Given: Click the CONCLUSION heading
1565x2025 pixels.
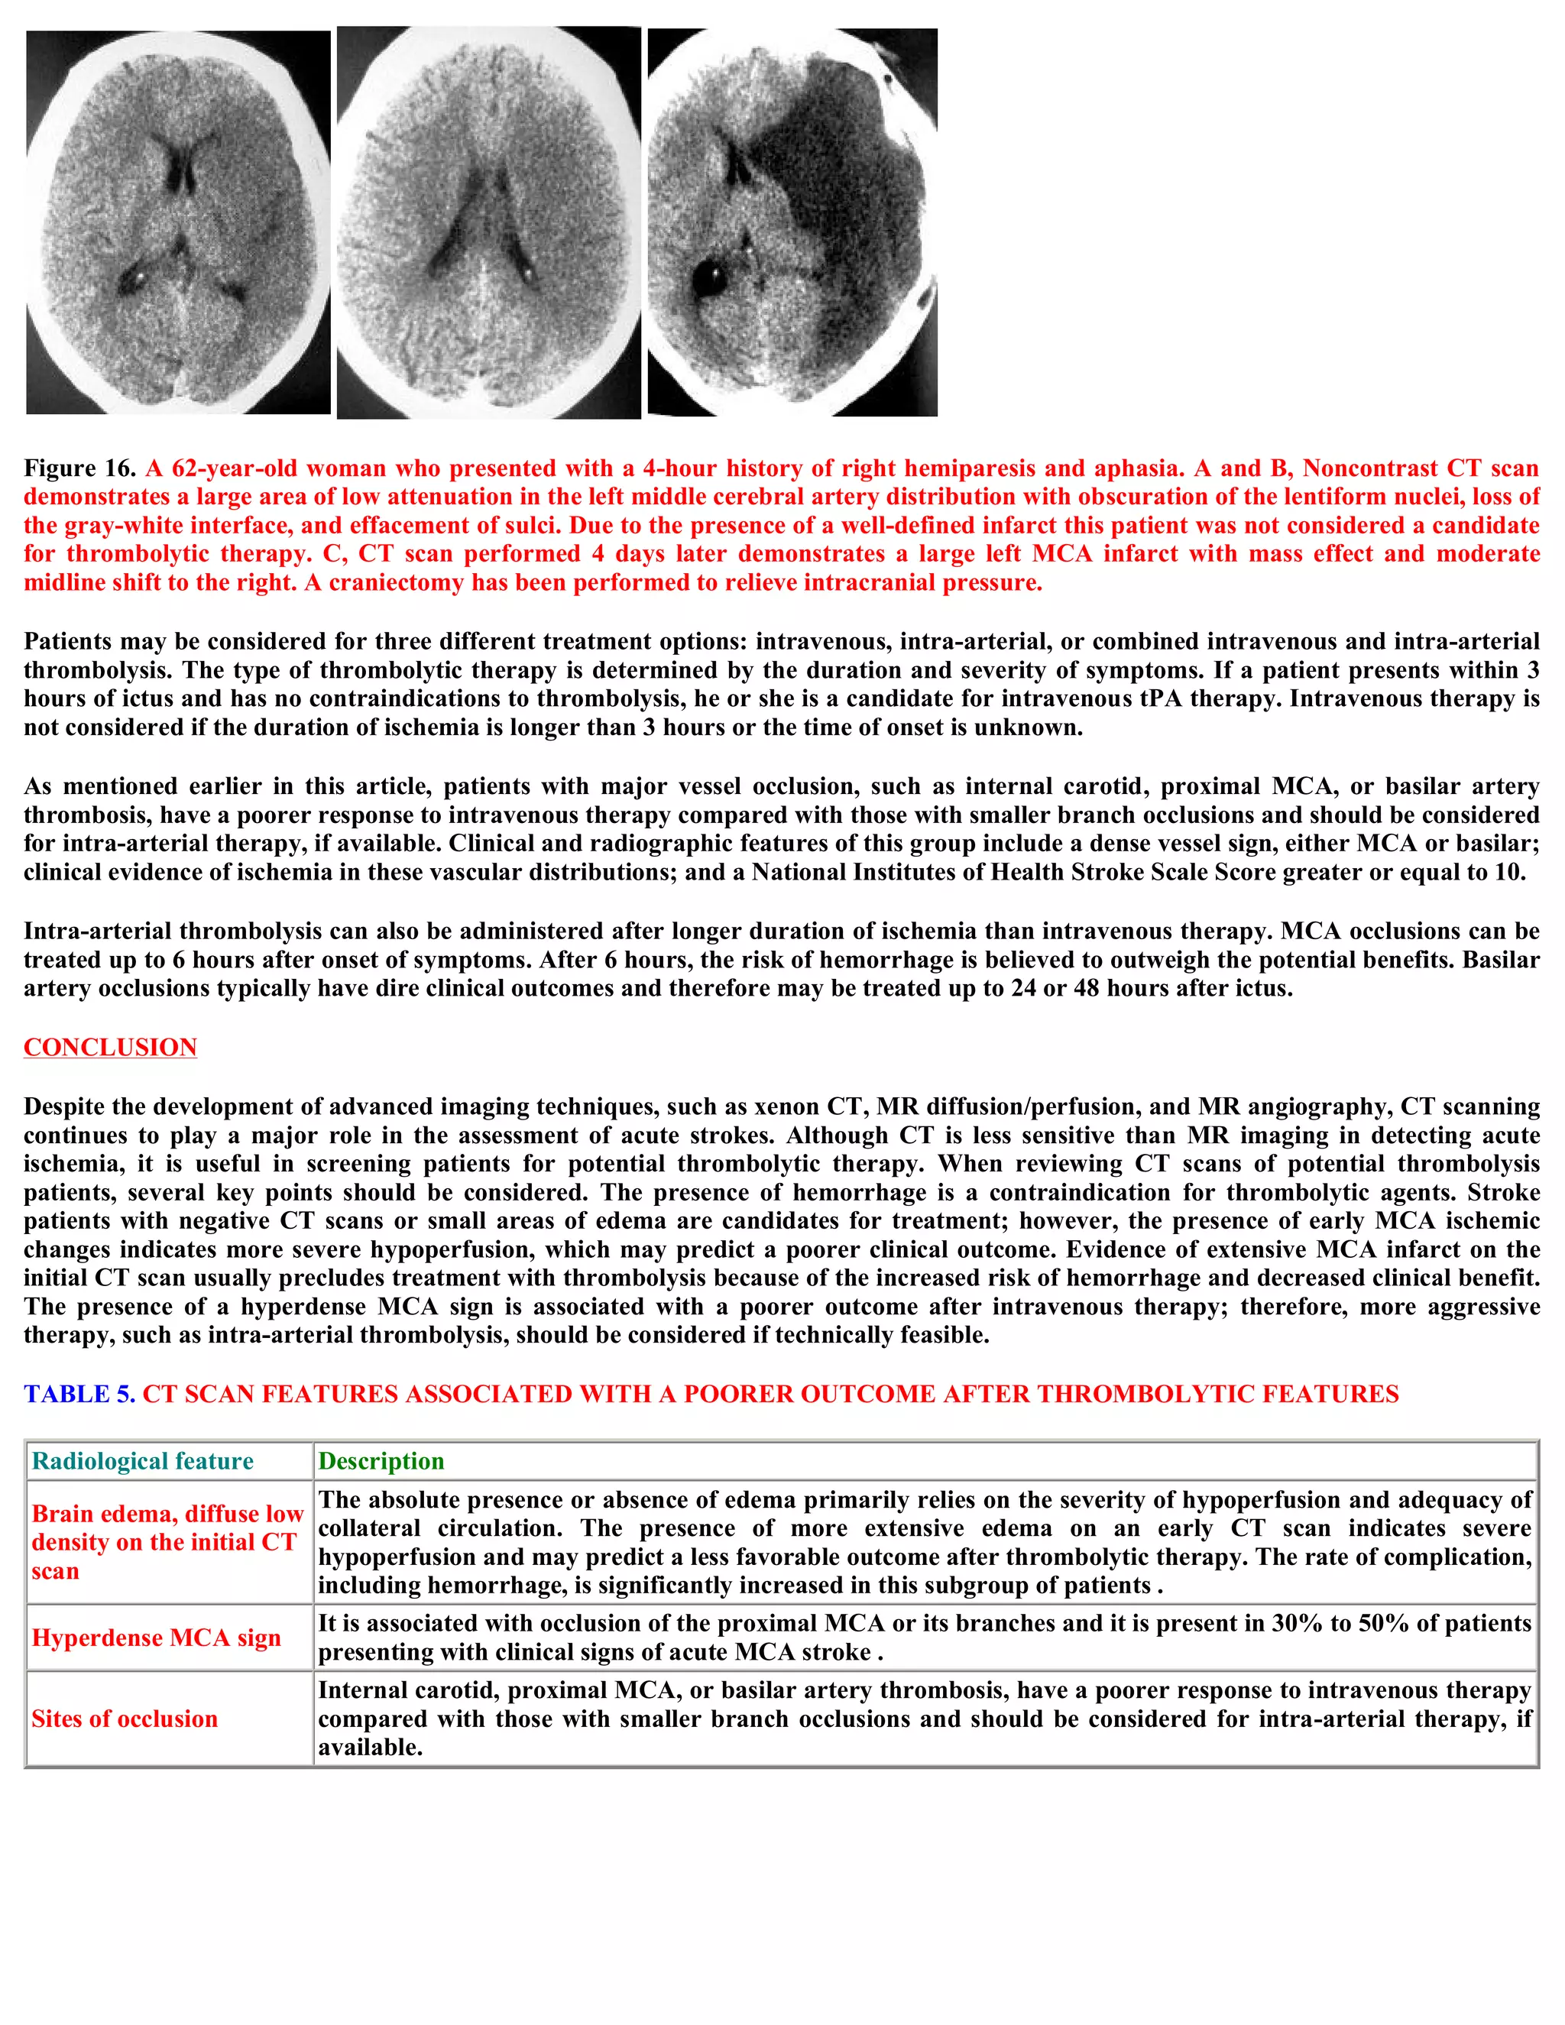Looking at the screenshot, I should [x=110, y=1047].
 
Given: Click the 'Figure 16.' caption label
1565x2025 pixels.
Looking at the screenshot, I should [x=79, y=468].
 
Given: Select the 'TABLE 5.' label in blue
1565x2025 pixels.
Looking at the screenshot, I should [x=79, y=1394].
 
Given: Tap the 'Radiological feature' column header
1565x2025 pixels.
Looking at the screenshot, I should [x=142, y=1460].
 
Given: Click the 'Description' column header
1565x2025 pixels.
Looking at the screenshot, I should [x=381, y=1460].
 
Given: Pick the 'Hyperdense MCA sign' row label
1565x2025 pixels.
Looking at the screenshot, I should [x=156, y=1638].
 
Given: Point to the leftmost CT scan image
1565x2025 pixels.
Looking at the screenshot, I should [x=178, y=222].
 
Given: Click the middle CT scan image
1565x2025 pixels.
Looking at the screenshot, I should [x=488, y=222].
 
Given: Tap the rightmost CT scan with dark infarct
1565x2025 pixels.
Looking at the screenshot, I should [x=792, y=222].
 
